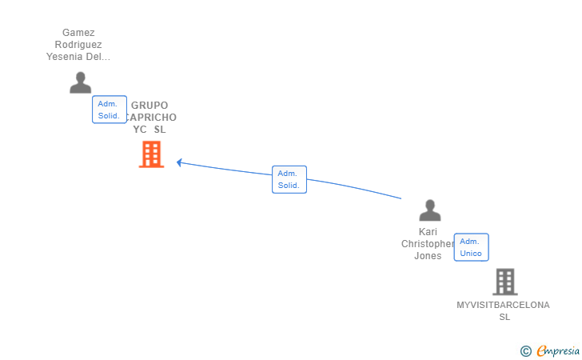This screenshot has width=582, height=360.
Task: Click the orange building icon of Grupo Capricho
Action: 151,154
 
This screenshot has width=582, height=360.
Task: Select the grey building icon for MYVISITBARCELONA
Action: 504,282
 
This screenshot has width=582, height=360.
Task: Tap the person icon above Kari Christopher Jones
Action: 430,210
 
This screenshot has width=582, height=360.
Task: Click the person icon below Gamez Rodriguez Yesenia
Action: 80,82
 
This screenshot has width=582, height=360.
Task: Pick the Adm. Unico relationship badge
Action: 471,247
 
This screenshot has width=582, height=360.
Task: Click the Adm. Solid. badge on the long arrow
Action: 289,179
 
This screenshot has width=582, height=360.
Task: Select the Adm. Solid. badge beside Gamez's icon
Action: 109,110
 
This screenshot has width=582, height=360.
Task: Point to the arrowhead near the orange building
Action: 179,162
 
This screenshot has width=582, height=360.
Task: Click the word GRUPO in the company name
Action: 149,105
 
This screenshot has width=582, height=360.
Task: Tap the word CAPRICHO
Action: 153,118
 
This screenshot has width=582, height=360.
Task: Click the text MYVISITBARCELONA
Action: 503,305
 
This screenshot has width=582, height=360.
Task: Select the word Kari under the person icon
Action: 428,232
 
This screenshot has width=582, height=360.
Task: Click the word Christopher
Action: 427,244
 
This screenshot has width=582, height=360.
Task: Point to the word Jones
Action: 428,256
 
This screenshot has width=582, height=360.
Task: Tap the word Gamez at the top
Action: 78,33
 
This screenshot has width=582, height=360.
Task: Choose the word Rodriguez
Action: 78,45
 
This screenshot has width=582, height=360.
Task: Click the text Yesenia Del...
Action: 78,57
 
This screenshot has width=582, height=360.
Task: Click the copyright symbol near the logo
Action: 525,350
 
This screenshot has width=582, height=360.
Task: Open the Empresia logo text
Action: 558,350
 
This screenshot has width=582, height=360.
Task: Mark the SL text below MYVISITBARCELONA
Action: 504,317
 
